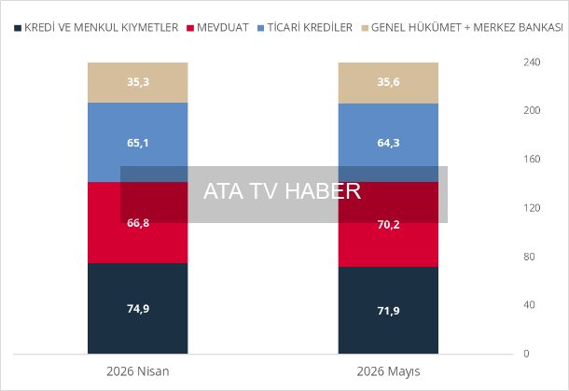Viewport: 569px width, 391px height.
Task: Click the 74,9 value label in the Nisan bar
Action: click(x=138, y=309)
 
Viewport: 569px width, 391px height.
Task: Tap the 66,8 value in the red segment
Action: click(x=138, y=223)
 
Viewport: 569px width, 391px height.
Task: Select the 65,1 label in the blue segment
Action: click(x=138, y=143)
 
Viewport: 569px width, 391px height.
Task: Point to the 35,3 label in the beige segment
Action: click(x=138, y=82)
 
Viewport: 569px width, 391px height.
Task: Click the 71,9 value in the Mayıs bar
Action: click(x=388, y=311)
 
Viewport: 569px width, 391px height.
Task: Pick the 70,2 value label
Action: click(x=388, y=225)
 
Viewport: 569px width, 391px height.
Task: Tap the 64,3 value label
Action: click(x=388, y=143)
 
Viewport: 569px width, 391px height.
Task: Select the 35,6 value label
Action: click(x=388, y=82)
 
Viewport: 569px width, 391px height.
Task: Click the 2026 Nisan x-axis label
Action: click(x=138, y=371)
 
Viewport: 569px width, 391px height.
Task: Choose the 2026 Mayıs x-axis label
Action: click(x=388, y=371)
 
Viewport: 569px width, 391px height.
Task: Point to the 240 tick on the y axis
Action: click(x=532, y=63)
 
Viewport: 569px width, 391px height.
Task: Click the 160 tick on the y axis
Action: click(x=532, y=159)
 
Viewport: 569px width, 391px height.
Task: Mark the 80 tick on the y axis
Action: click(x=529, y=257)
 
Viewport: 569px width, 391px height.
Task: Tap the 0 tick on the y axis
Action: click(x=526, y=354)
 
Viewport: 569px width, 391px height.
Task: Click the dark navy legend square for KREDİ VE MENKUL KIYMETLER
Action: click(x=18, y=28)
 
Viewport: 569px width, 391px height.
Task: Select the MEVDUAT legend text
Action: click(x=222, y=28)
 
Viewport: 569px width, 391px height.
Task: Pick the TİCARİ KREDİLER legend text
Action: click(x=310, y=28)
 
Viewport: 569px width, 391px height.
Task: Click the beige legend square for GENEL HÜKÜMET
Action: click(x=365, y=28)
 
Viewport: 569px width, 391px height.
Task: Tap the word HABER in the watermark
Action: click(x=323, y=191)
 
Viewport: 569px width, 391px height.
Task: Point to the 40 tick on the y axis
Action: click(x=529, y=305)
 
